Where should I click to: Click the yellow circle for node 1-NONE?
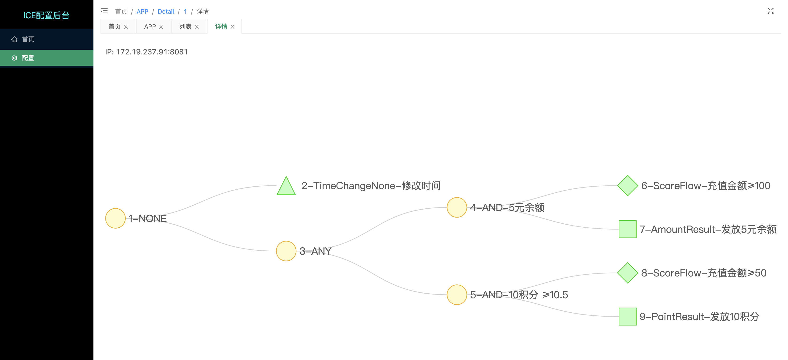tap(115, 218)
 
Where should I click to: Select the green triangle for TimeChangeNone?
tap(286, 188)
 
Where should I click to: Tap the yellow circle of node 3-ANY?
tap(286, 251)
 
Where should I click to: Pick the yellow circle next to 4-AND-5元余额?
tap(457, 207)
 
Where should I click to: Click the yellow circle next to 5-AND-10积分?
tap(457, 295)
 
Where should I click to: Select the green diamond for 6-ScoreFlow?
tap(627, 186)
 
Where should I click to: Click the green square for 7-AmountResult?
tap(627, 229)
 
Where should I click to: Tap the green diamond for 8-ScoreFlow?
tap(627, 273)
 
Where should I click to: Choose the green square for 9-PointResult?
tap(627, 317)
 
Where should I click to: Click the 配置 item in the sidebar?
tap(28, 58)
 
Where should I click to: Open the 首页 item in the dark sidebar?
tap(28, 39)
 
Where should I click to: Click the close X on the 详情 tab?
tap(232, 27)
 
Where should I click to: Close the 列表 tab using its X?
tap(197, 27)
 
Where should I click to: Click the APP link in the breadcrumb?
tap(142, 12)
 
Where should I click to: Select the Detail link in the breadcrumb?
tap(166, 12)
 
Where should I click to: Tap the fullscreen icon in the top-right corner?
tap(770, 11)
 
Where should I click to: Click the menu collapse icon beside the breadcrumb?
tap(104, 12)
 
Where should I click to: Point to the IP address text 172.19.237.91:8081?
tap(152, 52)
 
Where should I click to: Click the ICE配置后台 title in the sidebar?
tap(46, 15)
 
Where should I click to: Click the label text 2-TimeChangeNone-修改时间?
tap(371, 186)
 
